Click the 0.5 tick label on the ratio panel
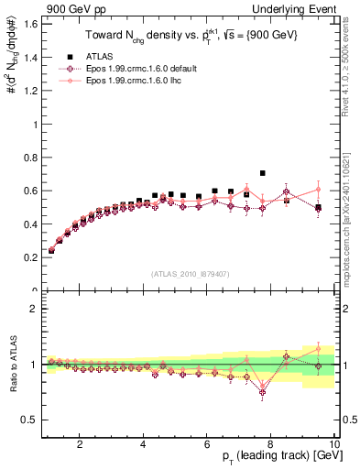click(x=30, y=420)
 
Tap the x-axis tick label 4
click(x=144, y=444)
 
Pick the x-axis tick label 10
click(x=334, y=444)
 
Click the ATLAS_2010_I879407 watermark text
click(x=191, y=272)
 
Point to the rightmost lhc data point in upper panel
click(x=318, y=189)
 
